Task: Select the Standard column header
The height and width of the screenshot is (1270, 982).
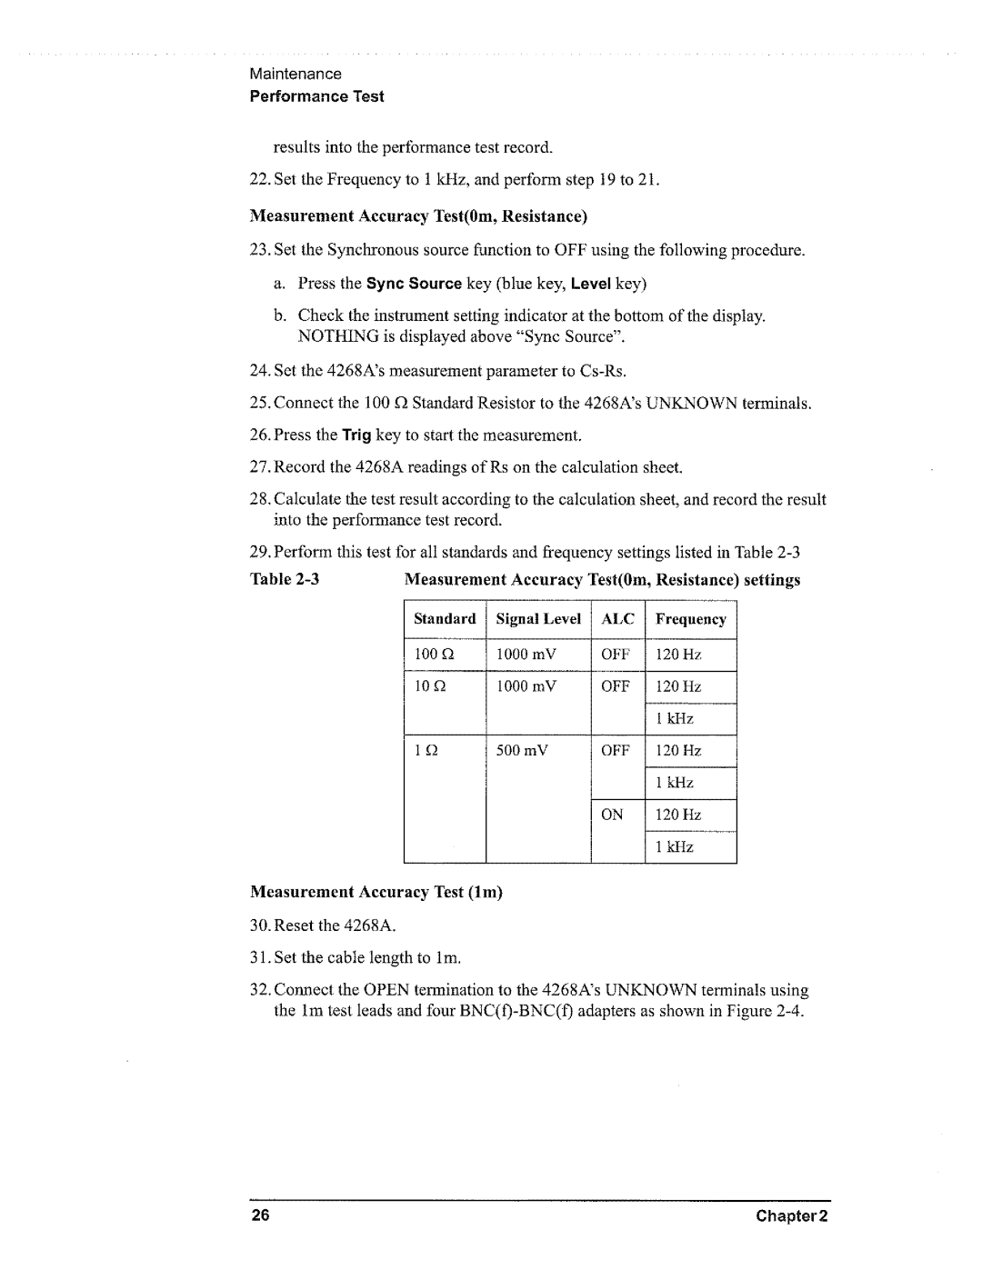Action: point(445,619)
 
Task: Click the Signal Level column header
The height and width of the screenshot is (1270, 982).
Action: point(538,619)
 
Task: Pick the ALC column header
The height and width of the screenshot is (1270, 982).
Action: point(617,619)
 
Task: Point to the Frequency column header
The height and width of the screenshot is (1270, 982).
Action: point(690,620)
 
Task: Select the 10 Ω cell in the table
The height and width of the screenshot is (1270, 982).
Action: point(424,686)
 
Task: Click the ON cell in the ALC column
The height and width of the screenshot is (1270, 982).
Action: point(612,815)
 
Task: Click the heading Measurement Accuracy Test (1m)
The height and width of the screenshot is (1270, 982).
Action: point(376,892)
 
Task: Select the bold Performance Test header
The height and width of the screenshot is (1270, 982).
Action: point(316,96)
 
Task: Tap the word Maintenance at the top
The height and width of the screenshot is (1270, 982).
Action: point(296,74)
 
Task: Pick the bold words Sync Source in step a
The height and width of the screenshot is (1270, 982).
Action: point(414,284)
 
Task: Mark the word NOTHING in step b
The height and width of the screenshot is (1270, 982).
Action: point(334,336)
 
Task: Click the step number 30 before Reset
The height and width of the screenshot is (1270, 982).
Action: point(258,925)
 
